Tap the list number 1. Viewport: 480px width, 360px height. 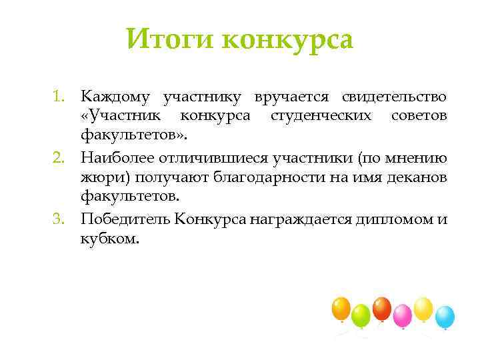pos(61,98)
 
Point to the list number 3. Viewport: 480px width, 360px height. pos(61,219)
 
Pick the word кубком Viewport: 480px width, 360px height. pos(110,239)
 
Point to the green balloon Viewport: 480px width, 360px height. pos(361,314)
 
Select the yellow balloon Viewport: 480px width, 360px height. pos(423,308)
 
